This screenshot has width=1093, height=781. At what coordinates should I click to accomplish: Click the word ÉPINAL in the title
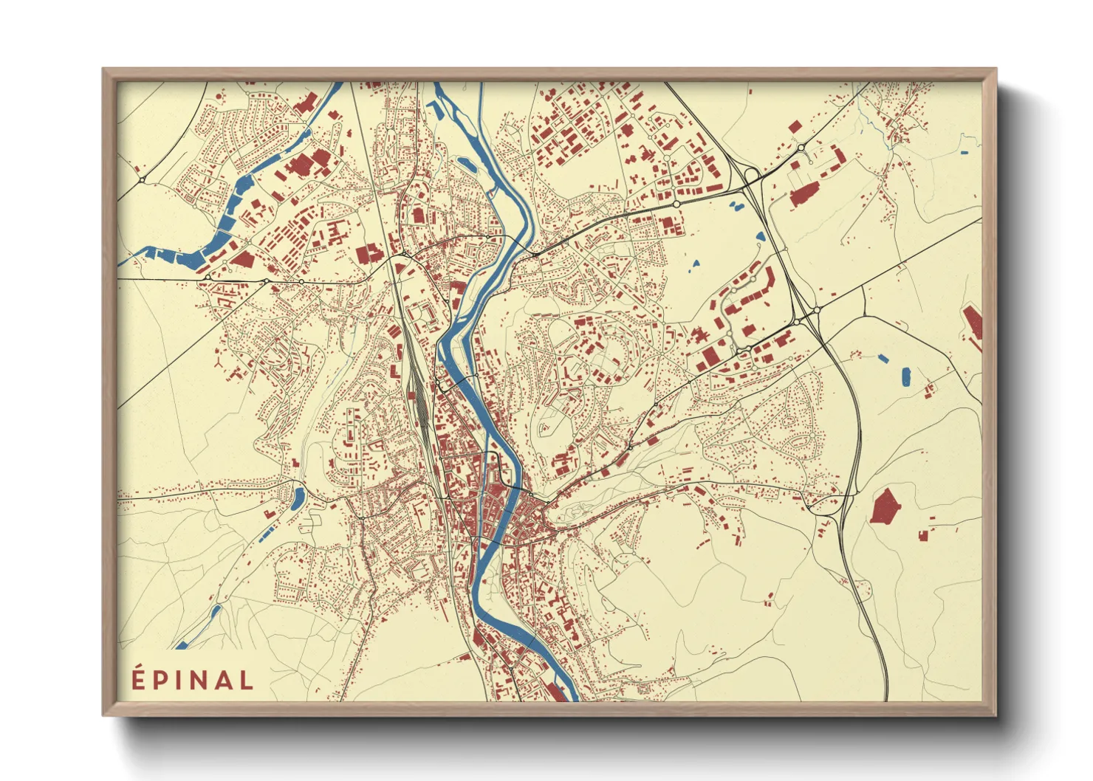(193, 680)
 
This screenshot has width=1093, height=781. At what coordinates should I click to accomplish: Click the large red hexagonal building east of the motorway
(885, 506)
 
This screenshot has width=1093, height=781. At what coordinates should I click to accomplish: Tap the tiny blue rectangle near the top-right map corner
(964, 153)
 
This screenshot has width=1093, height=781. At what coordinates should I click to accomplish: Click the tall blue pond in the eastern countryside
(906, 376)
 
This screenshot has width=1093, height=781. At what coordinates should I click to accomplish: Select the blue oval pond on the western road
(298, 499)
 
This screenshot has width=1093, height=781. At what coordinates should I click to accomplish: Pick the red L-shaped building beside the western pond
(270, 512)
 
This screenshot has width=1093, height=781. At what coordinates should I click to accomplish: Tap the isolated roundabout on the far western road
(141, 179)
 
